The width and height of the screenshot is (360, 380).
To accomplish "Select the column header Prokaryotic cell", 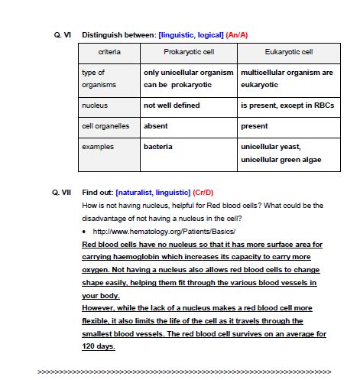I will pos(188,53).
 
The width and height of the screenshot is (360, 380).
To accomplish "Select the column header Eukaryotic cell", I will pos(287,53).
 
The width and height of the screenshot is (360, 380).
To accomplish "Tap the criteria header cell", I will pos(109,53).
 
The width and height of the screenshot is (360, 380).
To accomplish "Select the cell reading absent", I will pos(156,126).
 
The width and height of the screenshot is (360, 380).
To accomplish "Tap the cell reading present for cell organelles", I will pos(255,126).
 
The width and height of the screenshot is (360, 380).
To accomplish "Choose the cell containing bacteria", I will pos(158,146).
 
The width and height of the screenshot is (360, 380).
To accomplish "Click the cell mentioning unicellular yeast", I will pos(271,146).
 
